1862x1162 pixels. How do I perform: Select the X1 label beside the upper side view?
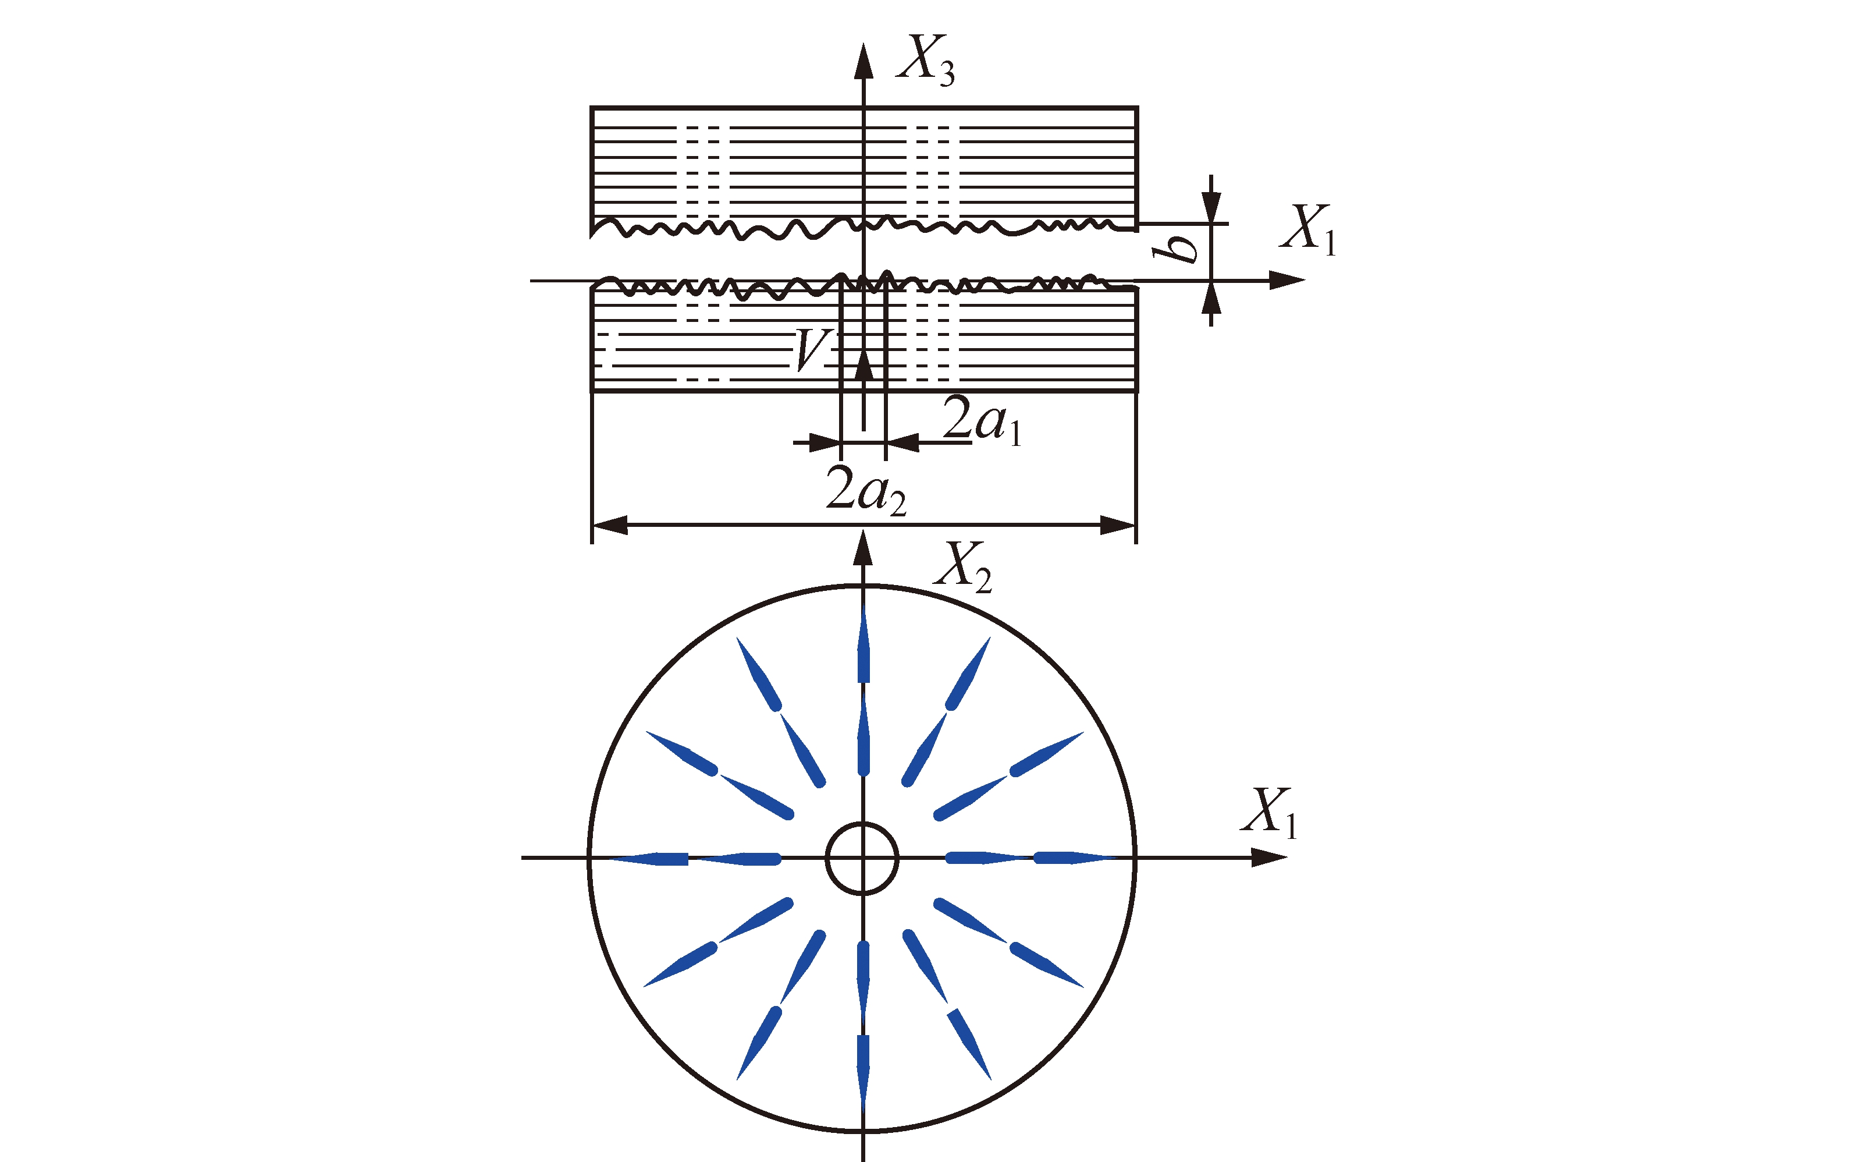click(1308, 229)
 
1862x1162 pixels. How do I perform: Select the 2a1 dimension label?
click(982, 421)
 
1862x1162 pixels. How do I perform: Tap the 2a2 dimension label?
click(866, 490)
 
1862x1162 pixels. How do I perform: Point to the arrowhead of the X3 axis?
click(864, 62)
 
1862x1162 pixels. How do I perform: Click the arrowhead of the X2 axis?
click(864, 549)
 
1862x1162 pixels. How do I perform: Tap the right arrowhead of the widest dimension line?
click(1118, 526)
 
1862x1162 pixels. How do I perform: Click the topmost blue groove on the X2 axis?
click(864, 644)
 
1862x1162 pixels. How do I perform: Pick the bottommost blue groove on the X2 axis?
click(864, 1073)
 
